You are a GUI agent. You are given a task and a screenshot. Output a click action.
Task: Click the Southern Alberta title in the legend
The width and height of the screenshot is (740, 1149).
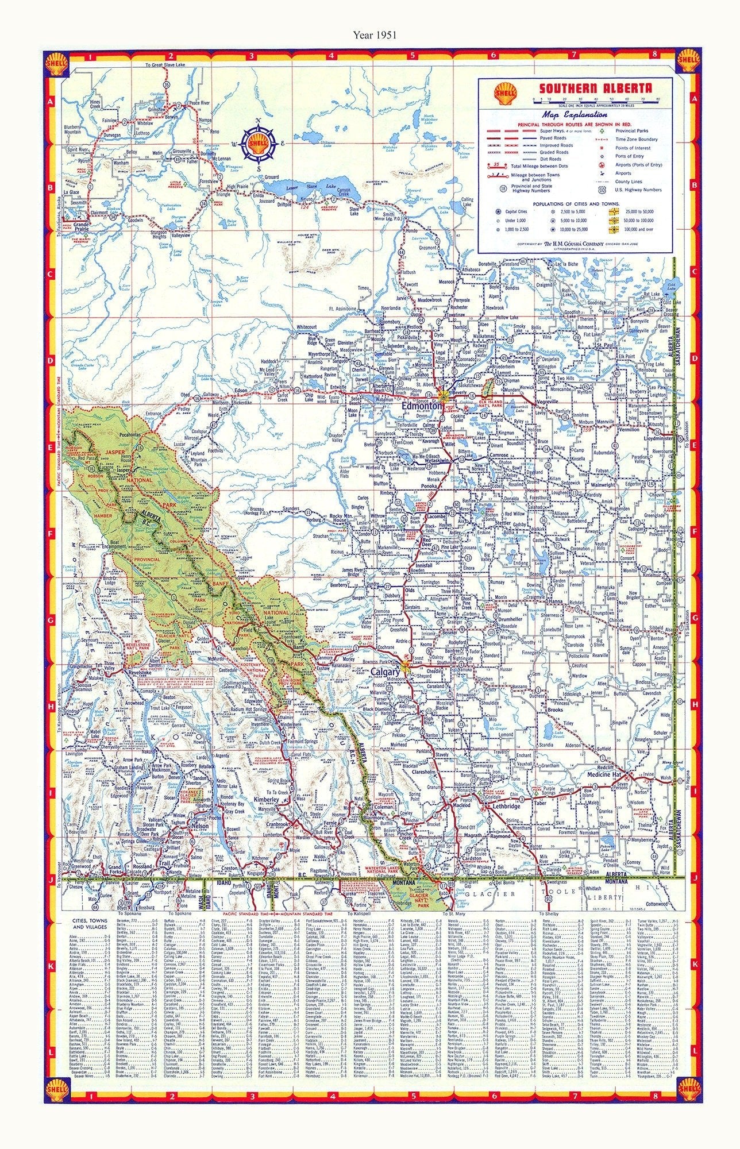point(595,89)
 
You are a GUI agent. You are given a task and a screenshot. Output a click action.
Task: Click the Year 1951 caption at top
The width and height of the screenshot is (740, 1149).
point(369,34)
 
